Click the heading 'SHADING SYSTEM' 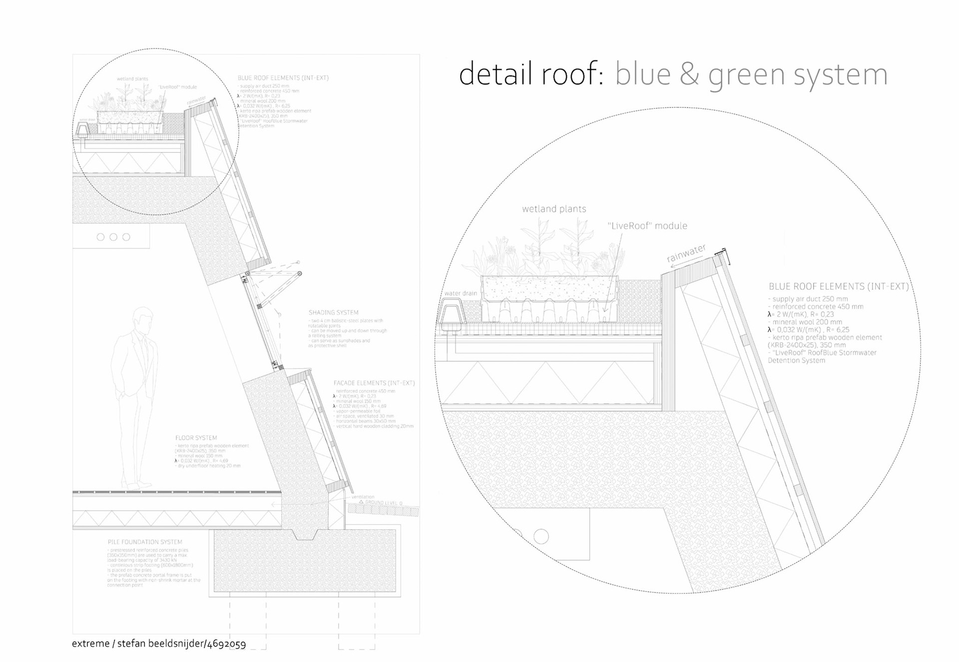click(333, 313)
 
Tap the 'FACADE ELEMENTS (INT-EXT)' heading click(374, 383)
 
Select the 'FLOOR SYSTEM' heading click(196, 438)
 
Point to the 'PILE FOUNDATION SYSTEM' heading click(145, 542)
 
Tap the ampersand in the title click(689, 75)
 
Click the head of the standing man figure click(143, 320)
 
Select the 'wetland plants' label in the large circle click(554, 209)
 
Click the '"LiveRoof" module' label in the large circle click(647, 226)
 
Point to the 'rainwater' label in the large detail click(686, 253)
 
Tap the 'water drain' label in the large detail click(461, 293)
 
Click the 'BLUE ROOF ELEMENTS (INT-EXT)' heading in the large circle click(839, 287)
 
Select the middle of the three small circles click(113, 237)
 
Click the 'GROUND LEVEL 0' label click(383, 503)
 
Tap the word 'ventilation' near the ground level click(363, 497)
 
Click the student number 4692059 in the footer click(226, 644)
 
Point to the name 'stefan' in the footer click(131, 644)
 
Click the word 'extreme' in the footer click(90, 644)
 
